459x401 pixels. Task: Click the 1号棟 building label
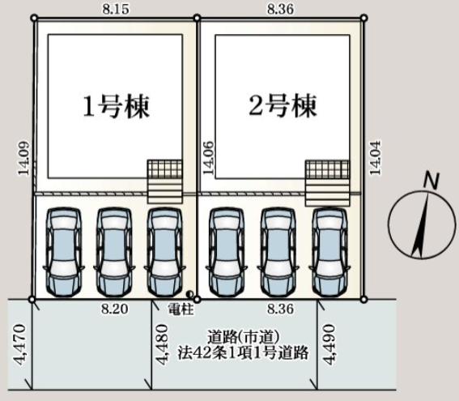pos(117,106)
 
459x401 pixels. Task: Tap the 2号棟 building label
pos(283,106)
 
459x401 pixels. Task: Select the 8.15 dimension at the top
pos(116,9)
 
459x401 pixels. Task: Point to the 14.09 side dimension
pos(23,159)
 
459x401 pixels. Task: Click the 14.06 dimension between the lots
pos(208,158)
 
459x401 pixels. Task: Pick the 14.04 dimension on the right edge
pos(375,158)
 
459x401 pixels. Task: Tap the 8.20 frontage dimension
pos(115,309)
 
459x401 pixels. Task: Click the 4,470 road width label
pos(19,344)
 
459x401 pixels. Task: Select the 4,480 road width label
pos(162,344)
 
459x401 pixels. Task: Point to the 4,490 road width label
pos(329,344)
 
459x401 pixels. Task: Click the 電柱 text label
pos(181,309)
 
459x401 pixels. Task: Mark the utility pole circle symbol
pos(189,293)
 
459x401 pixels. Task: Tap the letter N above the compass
pos(431,180)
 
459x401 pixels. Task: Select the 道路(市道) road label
pos(243,337)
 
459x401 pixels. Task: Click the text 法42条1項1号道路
pos(243,353)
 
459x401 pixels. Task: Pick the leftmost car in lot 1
pos(64,252)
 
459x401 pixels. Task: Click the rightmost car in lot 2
pos(329,252)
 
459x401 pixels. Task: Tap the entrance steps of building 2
pos(327,193)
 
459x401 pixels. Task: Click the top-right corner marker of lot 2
pos(363,18)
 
